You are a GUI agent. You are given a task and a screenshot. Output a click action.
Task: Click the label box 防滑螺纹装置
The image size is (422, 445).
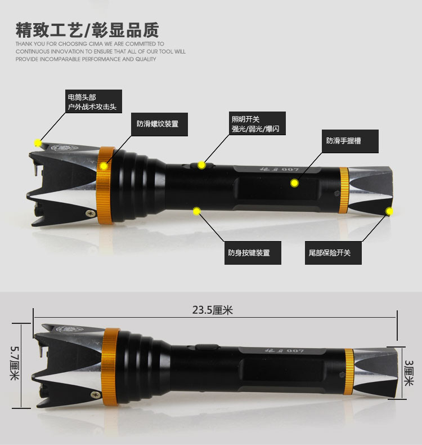(x=158, y=124)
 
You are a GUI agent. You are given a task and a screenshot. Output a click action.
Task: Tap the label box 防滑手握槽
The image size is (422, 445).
(x=343, y=140)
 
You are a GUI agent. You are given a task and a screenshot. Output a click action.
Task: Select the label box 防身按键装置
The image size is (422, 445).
(x=249, y=253)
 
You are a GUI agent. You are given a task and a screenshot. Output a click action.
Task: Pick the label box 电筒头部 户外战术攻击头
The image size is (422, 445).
(x=92, y=102)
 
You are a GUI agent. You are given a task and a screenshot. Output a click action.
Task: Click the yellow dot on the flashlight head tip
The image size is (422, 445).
(x=38, y=143)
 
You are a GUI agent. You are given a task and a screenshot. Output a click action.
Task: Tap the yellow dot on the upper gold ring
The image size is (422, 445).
(x=104, y=166)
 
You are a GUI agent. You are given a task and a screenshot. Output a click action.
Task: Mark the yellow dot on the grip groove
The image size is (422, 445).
(x=294, y=183)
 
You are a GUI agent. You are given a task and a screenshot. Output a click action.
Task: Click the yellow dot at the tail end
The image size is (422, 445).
(x=389, y=211)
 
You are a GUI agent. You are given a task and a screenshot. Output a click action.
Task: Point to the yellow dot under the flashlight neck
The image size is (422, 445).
(x=197, y=211)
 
